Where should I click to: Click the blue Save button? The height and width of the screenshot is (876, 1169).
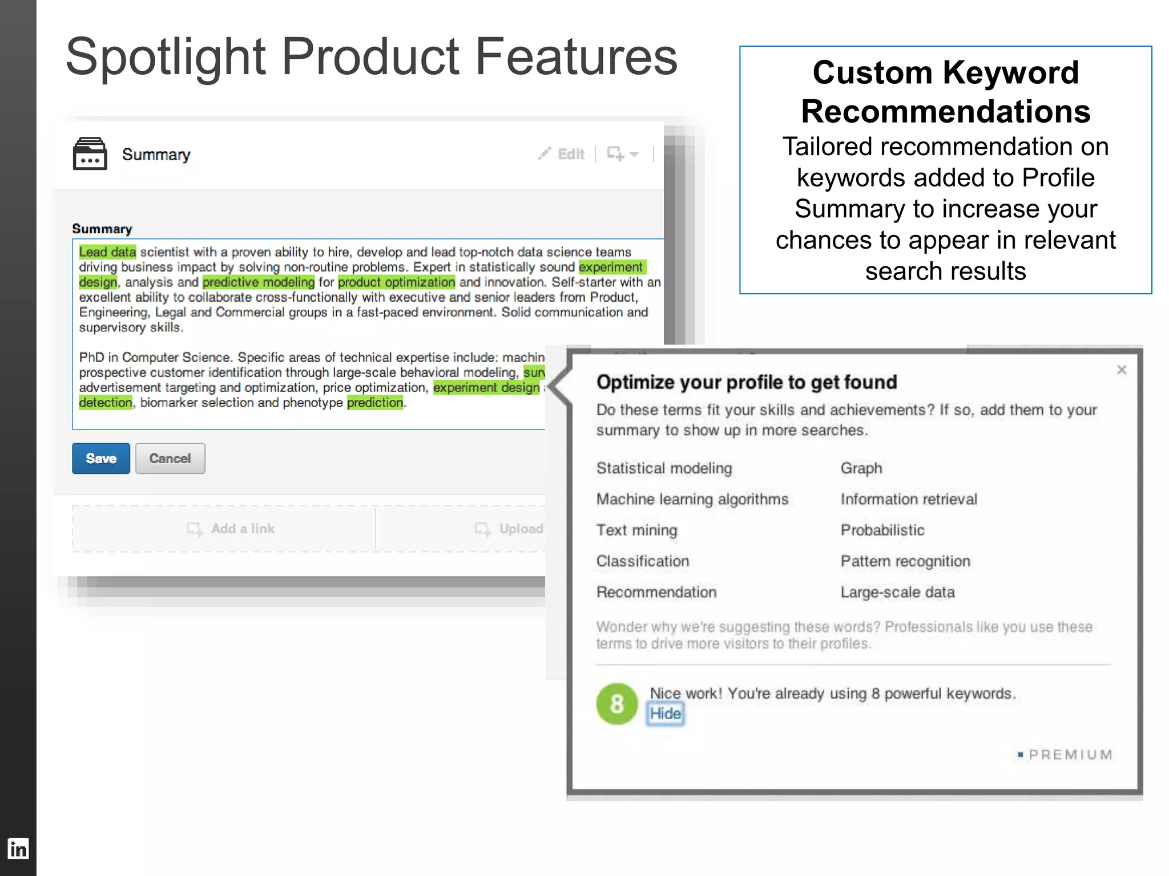pos(101,459)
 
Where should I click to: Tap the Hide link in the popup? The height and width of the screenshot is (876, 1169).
pos(665,713)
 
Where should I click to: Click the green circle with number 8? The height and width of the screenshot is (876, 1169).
pos(616,704)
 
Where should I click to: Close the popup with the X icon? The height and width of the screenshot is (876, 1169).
pos(1122,370)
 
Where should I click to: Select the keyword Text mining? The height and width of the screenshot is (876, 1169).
pos(636,530)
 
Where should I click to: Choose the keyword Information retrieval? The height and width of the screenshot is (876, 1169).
pos(909,499)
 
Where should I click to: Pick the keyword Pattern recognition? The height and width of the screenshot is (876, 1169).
pos(905,561)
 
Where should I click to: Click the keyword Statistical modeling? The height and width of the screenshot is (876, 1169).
pos(664,468)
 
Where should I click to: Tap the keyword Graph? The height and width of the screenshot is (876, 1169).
pos(861,468)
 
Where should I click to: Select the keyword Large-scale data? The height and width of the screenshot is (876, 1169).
pos(897,592)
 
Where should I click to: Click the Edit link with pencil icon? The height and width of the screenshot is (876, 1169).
pos(562,154)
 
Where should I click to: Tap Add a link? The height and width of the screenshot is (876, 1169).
pos(232,529)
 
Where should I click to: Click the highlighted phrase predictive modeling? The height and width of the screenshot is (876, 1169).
pos(259,282)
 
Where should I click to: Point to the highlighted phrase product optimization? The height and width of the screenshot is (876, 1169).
pos(397,282)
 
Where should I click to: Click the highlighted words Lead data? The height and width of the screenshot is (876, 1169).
pos(107,252)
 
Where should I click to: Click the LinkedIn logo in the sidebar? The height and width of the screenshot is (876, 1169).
pos(18,849)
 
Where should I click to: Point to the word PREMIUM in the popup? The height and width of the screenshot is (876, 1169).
pos(1070,755)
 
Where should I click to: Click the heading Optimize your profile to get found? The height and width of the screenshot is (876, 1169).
pos(747,382)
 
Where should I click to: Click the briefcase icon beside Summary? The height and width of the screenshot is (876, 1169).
pos(90,154)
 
